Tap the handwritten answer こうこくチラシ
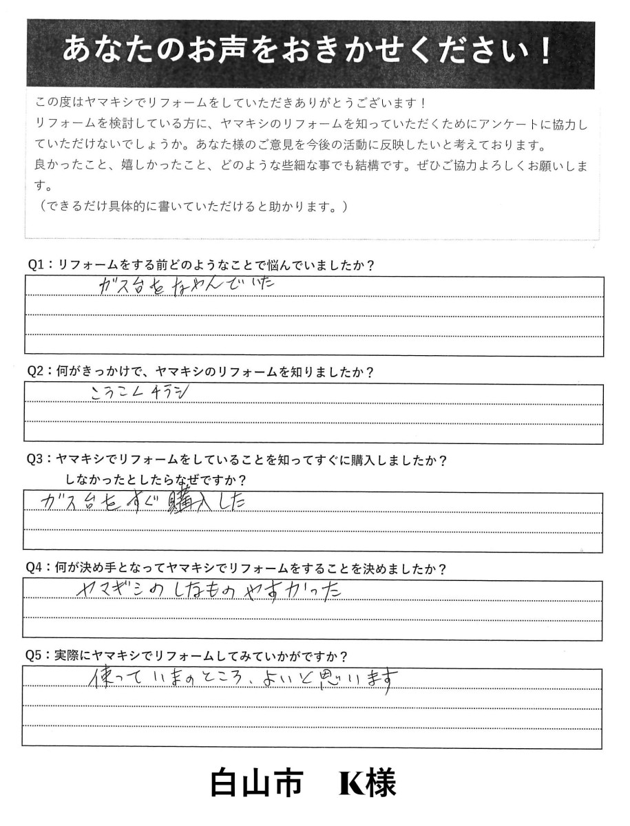click(x=138, y=392)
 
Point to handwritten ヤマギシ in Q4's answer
click(x=111, y=591)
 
